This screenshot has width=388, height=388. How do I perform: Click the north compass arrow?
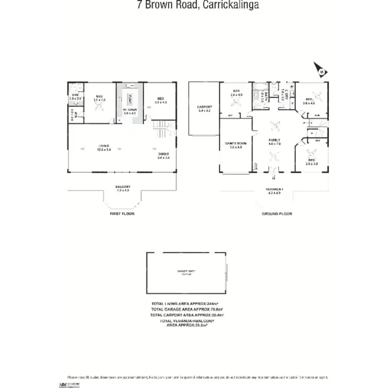[320, 69]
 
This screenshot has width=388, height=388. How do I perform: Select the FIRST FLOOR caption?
[122, 214]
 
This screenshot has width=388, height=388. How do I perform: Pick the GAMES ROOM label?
[235, 145]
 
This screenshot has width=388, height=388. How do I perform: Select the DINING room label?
[163, 156]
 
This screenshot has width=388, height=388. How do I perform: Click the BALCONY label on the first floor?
[123, 188]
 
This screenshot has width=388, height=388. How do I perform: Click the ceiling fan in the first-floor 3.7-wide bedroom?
[98, 105]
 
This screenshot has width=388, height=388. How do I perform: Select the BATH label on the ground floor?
[263, 96]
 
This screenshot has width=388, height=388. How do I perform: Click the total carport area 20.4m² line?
[187, 315]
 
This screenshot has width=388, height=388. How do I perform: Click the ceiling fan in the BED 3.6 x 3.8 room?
[311, 153]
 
